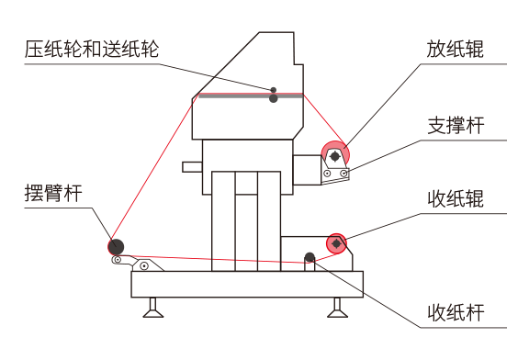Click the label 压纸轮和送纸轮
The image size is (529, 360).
92,50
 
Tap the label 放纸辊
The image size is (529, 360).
455,50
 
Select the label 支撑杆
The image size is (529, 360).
456,126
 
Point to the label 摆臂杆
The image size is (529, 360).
53,194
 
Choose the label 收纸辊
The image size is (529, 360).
456,198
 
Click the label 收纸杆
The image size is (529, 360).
456,312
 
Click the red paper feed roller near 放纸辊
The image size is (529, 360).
335,155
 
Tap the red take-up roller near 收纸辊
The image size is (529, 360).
336,243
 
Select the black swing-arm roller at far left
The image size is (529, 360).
116,247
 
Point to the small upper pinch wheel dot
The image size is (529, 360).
274,90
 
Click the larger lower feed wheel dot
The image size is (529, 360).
274,98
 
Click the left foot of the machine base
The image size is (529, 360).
153,308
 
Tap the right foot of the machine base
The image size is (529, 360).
337,308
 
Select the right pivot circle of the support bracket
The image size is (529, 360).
343,174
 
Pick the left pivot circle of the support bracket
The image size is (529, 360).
327,174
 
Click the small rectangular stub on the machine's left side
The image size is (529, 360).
192,167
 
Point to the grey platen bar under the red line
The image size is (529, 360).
251,96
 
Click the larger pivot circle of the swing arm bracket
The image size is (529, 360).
144,265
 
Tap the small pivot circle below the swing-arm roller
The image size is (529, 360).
118,260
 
